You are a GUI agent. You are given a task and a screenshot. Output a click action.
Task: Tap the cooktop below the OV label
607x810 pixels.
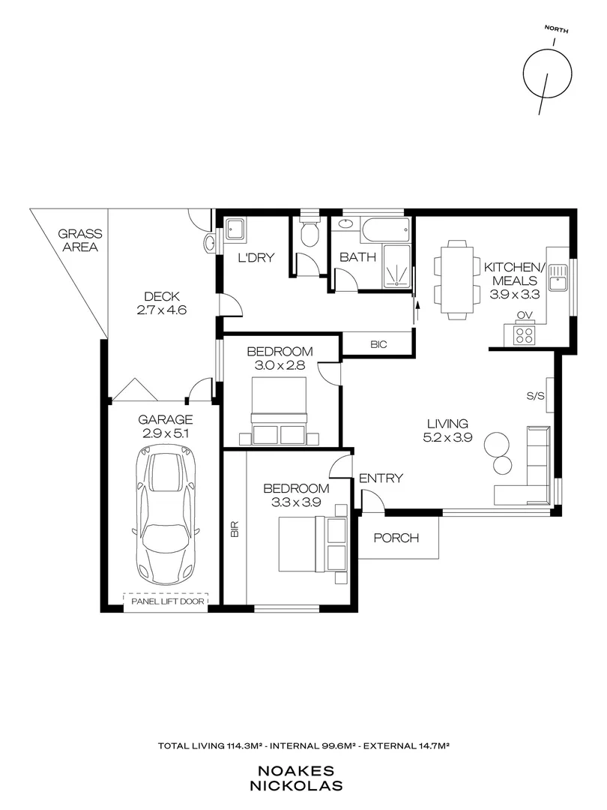[524, 335]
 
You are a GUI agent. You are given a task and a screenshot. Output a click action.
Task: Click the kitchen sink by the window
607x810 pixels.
[558, 279]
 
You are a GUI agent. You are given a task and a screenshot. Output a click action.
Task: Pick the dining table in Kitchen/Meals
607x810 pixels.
[455, 280]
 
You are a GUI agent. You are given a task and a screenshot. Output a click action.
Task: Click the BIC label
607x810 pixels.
[378, 343]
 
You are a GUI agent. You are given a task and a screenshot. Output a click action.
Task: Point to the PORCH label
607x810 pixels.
[395, 538]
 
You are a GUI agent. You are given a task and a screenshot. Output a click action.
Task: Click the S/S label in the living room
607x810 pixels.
[534, 395]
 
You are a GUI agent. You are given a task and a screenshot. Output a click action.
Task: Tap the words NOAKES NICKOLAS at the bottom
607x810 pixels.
[303, 779]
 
